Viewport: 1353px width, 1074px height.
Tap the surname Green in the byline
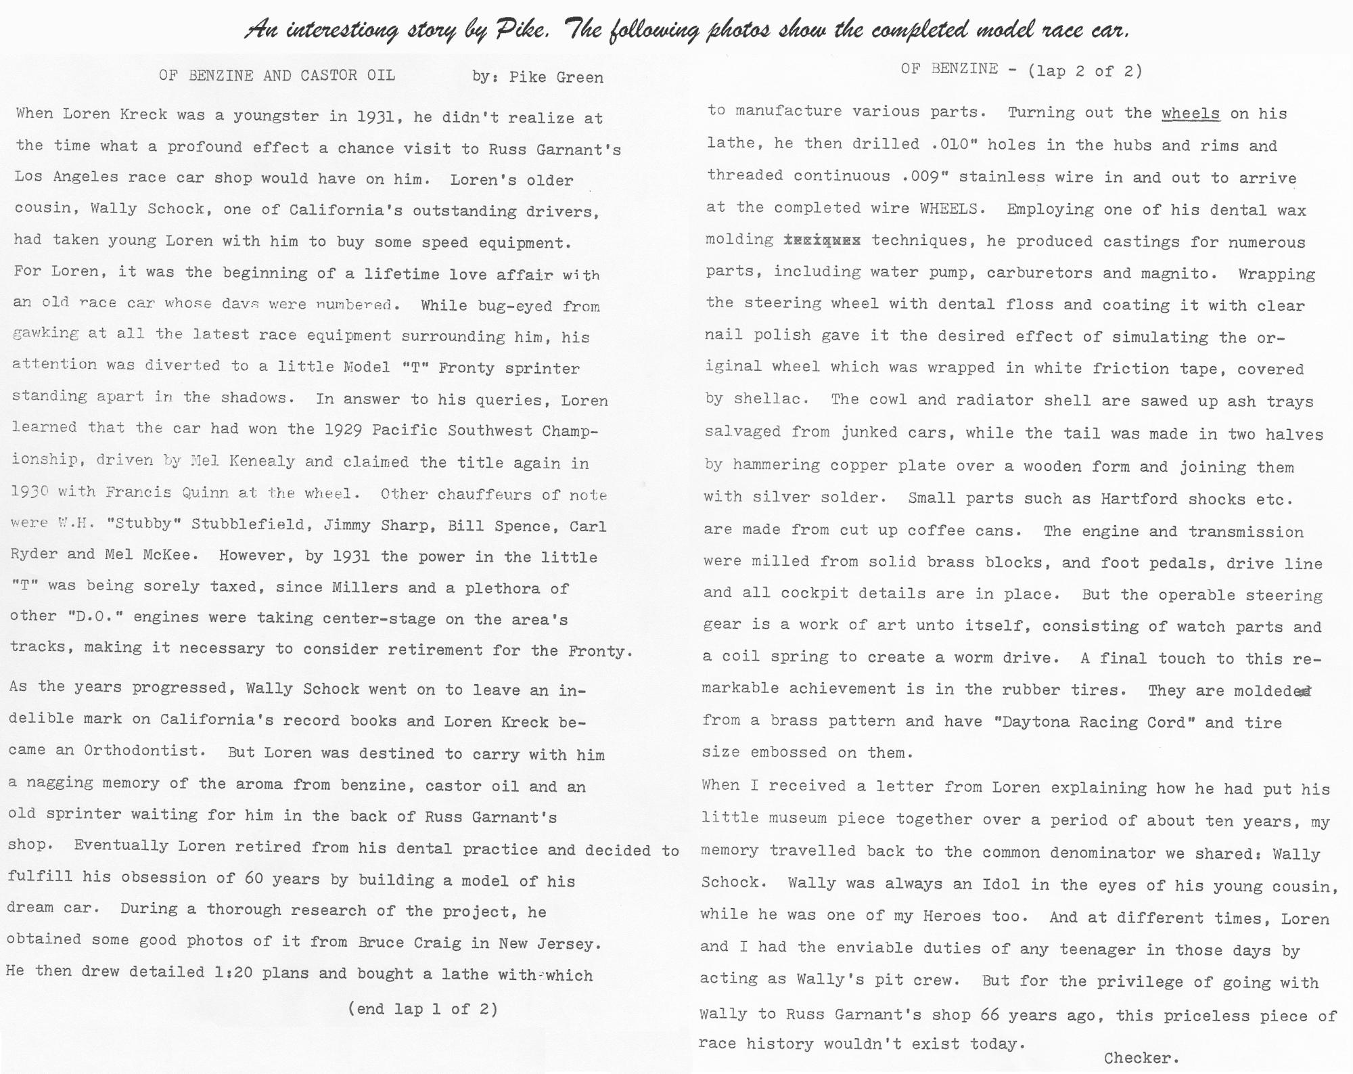click(580, 77)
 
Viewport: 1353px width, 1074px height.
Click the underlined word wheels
click(1191, 113)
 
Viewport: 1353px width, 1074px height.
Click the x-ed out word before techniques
click(822, 240)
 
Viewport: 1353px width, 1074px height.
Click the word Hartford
click(1138, 499)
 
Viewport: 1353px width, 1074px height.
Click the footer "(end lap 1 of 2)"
click(423, 1008)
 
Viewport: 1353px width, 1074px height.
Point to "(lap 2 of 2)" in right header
click(1084, 70)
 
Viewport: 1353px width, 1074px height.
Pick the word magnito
click(1180, 273)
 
